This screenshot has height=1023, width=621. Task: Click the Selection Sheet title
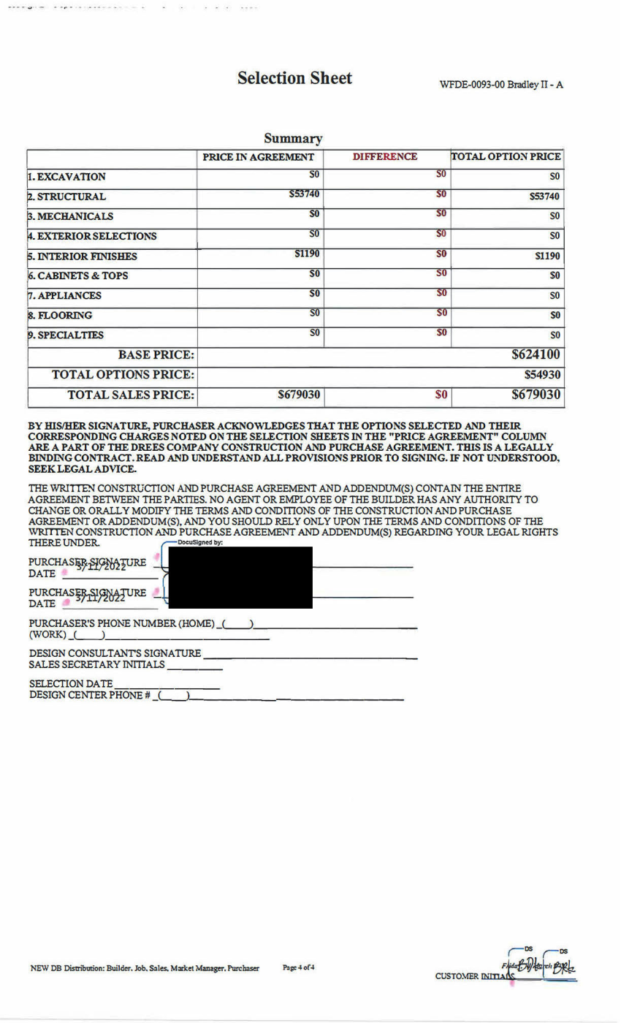(x=295, y=78)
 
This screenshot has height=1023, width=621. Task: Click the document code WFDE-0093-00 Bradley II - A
(x=501, y=85)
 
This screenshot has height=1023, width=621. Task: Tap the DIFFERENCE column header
(x=385, y=157)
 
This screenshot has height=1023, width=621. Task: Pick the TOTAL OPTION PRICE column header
(x=507, y=157)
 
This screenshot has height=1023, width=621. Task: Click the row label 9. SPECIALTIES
(x=66, y=335)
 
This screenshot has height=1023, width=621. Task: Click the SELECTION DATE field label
(x=71, y=682)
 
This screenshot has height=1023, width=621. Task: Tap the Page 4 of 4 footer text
(x=299, y=967)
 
